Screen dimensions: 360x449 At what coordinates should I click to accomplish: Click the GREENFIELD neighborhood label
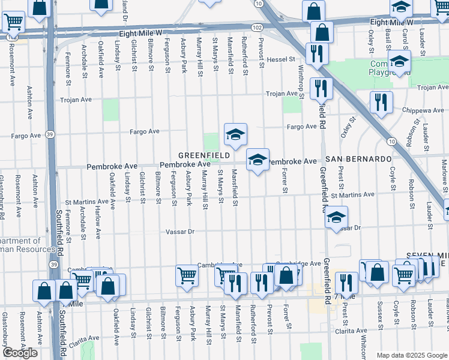(204, 155)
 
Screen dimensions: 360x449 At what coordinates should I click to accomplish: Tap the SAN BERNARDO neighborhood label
(358, 158)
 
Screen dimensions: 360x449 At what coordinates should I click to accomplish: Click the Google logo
(20, 353)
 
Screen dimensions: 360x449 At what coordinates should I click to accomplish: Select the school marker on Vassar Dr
(337, 218)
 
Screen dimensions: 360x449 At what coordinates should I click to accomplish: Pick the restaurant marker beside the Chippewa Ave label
(381, 102)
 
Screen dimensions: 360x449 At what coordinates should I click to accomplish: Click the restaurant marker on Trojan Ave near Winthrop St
(321, 88)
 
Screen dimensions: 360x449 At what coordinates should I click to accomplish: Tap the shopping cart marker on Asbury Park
(187, 275)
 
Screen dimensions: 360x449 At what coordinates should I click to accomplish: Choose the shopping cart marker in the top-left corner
(13, 22)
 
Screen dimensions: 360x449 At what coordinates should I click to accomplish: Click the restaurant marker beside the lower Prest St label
(346, 283)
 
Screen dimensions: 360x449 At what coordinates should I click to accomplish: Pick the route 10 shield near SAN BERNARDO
(391, 140)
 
